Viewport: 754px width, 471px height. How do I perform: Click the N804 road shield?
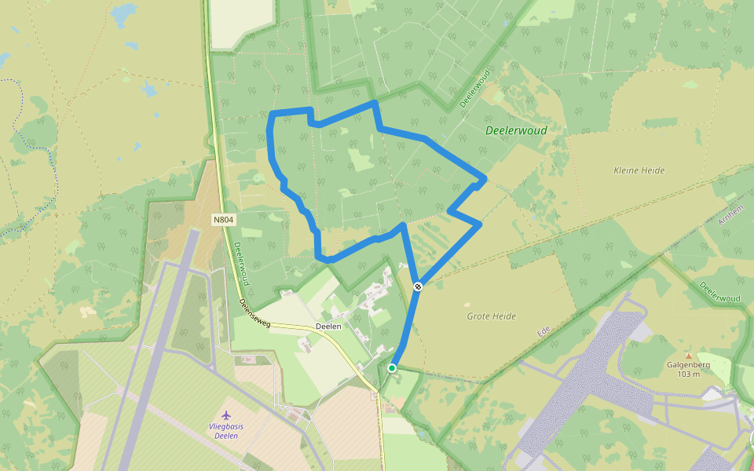(223, 220)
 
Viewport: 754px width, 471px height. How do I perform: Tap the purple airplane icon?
(227, 414)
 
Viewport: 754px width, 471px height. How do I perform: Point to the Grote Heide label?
(491, 316)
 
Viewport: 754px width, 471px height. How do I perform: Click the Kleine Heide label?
(639, 170)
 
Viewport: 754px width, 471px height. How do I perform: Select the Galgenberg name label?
(688, 364)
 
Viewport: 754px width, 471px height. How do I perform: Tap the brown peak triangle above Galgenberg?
(689, 356)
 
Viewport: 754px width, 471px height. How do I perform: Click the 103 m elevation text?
(689, 374)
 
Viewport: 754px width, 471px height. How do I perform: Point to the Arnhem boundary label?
(731, 213)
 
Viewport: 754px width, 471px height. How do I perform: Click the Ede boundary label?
(542, 332)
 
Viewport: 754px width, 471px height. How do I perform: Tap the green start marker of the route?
(392, 367)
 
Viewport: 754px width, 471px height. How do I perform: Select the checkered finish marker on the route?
(419, 287)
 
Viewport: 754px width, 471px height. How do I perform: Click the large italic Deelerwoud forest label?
(516, 130)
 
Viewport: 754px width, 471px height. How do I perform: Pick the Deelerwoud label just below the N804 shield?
(242, 263)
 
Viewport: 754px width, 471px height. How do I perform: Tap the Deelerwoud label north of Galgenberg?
(719, 291)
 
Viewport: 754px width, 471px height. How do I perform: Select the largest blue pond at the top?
(123, 13)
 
